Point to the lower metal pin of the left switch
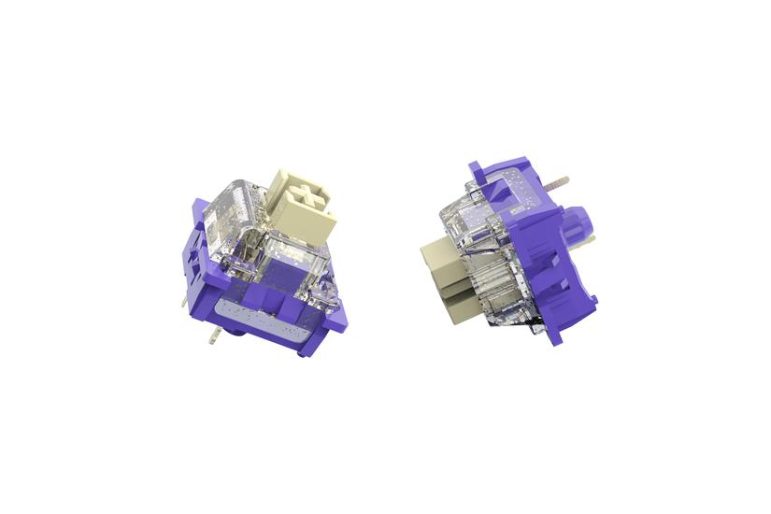point(215,336)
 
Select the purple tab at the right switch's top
point(477,172)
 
